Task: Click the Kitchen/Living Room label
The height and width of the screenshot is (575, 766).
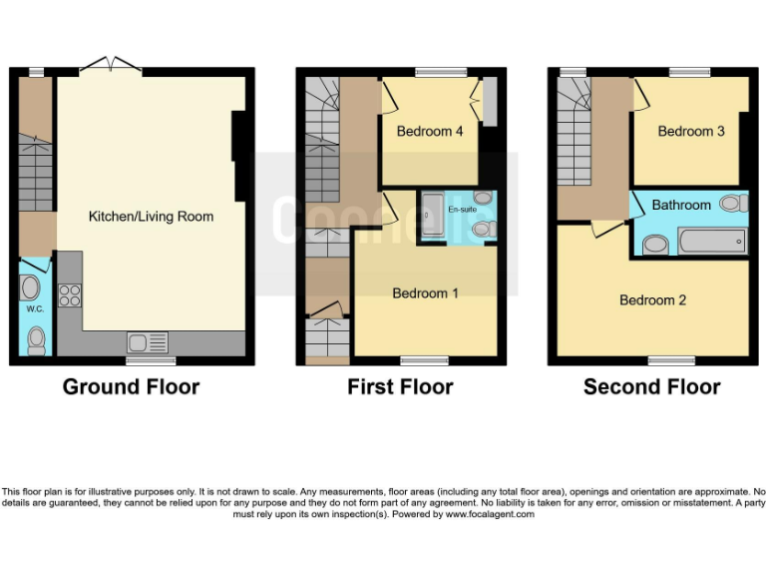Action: click(151, 216)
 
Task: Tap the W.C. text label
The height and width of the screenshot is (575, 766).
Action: click(35, 308)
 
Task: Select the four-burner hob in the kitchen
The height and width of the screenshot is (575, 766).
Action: click(70, 295)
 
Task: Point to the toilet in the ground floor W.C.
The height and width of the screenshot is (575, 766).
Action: click(36, 341)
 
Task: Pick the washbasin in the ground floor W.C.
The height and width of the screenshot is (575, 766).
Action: click(29, 287)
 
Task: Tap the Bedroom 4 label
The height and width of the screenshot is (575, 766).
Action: click(429, 131)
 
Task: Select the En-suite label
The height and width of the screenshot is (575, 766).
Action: click(461, 210)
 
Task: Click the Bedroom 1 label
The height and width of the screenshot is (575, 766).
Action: click(425, 292)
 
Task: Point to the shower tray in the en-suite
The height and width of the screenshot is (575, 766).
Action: click(432, 215)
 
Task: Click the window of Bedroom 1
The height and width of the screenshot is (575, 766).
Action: click(417, 360)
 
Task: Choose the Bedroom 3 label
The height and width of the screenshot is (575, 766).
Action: click(690, 131)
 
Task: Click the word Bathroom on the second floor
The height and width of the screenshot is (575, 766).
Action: click(681, 205)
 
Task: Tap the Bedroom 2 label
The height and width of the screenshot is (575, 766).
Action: click(652, 299)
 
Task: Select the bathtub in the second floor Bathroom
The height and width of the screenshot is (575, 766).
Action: click(711, 241)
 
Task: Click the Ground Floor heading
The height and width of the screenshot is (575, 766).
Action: click(131, 386)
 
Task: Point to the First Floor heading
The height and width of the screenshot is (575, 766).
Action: click(400, 386)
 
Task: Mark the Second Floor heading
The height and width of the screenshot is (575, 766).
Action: click(651, 386)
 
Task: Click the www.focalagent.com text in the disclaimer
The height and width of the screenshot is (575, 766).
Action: click(490, 514)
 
